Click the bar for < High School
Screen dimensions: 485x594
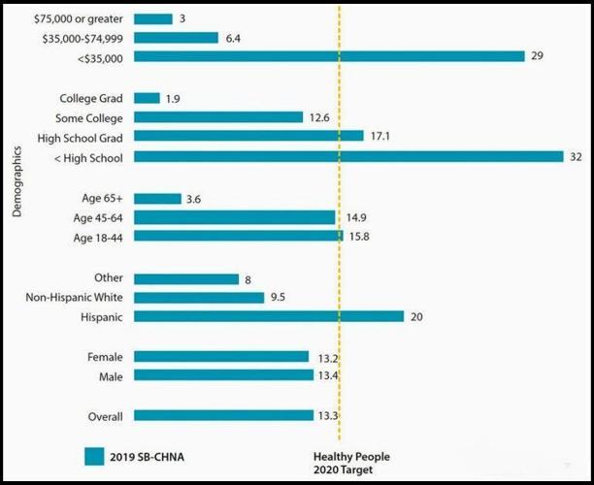tap(348, 156)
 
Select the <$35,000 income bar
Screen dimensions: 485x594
tap(329, 56)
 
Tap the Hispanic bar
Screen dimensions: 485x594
tap(268, 316)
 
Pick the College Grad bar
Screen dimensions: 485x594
tap(147, 98)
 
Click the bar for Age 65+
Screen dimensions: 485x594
tap(157, 199)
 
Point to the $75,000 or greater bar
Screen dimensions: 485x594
tap(152, 18)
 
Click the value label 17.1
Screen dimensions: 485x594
tap(379, 137)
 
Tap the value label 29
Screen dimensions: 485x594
tap(537, 56)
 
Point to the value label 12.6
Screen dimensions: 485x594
tap(319, 117)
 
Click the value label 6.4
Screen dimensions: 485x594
tap(232, 38)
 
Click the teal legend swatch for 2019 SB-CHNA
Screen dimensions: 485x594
tap(94, 456)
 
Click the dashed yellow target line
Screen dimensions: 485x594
tap(339, 262)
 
